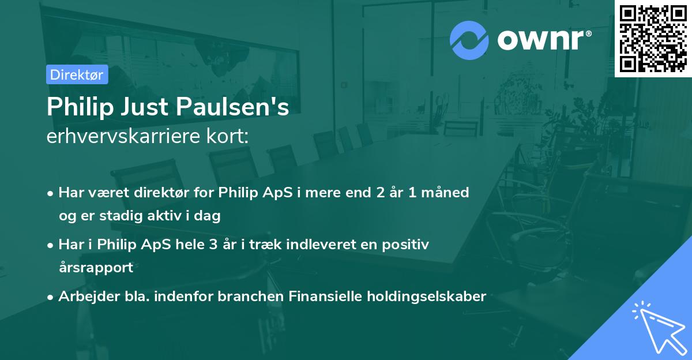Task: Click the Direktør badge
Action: click(x=77, y=75)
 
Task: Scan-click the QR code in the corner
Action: click(x=653, y=38)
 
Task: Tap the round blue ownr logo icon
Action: click(x=469, y=40)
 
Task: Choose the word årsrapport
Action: click(x=96, y=268)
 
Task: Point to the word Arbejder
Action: click(x=84, y=297)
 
